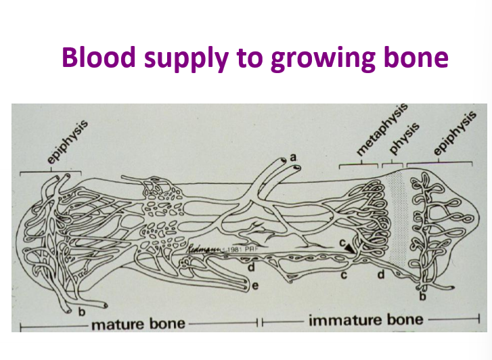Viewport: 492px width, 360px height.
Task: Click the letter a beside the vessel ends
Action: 293,157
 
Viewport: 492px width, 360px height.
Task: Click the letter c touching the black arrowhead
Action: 344,242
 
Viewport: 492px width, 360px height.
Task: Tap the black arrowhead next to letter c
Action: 351,248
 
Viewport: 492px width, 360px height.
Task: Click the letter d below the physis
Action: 382,275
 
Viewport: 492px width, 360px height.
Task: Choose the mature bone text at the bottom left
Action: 137,323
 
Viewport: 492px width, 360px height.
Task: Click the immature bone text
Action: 365,319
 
